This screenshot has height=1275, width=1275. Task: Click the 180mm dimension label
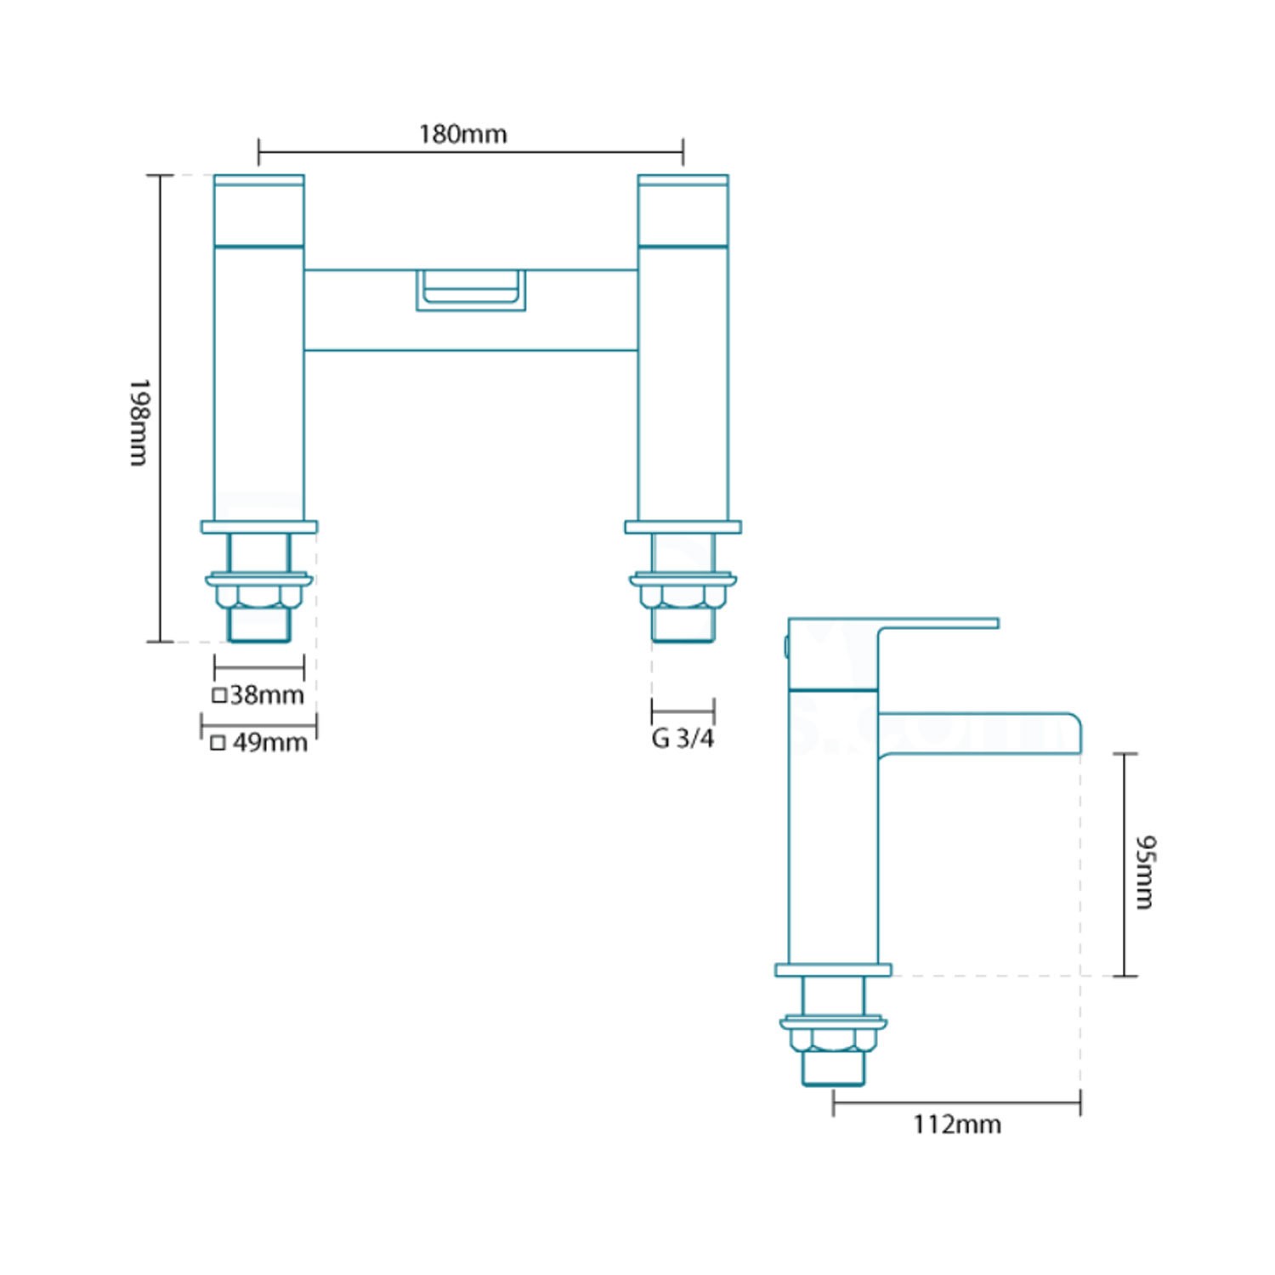point(462,134)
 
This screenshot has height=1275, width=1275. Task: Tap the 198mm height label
point(139,422)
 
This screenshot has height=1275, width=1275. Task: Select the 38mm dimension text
point(267,694)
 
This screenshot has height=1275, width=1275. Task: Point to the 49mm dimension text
point(270,742)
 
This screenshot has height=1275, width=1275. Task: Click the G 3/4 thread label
point(683,738)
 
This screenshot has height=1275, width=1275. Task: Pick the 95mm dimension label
point(1146,872)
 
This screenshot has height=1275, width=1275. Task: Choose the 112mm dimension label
point(957,1125)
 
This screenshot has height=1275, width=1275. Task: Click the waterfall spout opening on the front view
point(471,290)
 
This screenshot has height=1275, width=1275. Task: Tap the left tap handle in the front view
point(259,211)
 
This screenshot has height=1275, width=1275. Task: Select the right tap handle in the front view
point(683,211)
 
